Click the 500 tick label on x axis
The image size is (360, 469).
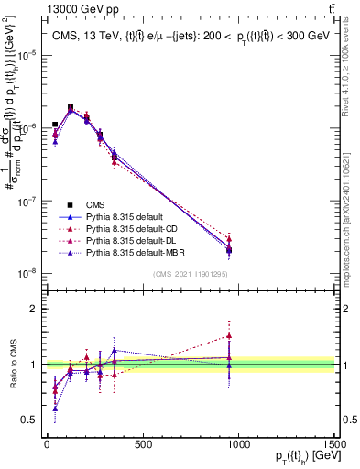point(142,444)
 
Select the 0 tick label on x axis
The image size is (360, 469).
point(47,444)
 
